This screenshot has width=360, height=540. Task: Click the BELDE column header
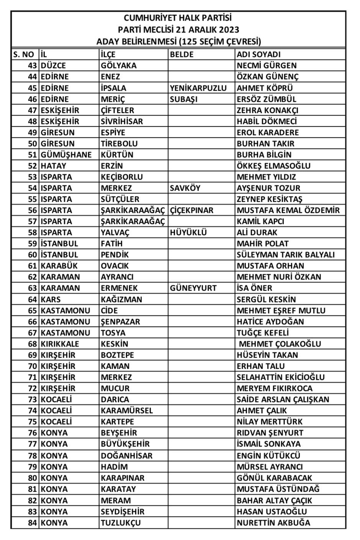tap(182, 54)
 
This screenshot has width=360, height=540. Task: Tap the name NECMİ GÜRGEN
tap(267, 65)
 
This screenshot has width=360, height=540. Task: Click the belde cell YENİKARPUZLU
tap(198, 88)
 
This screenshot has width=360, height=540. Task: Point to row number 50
tap(33, 144)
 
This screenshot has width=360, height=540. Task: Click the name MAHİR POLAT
tap(263, 244)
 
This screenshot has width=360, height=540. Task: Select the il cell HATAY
tap(53, 166)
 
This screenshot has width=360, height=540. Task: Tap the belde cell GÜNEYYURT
tap(193, 288)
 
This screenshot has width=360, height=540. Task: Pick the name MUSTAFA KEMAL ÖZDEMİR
tap(288, 210)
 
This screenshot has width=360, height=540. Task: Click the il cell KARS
tap(51, 299)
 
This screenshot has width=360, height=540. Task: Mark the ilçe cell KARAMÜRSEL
tap(127, 411)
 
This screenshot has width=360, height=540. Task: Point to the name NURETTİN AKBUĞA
tap(273, 523)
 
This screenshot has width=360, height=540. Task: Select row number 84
tap(33, 523)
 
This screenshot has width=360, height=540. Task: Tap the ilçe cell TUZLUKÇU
tap(121, 523)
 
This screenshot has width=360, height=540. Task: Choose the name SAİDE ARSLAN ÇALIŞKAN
tap(283, 399)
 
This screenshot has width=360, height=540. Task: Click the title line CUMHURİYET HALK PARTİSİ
tap(178, 18)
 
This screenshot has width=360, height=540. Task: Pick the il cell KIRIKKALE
tap(60, 344)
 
